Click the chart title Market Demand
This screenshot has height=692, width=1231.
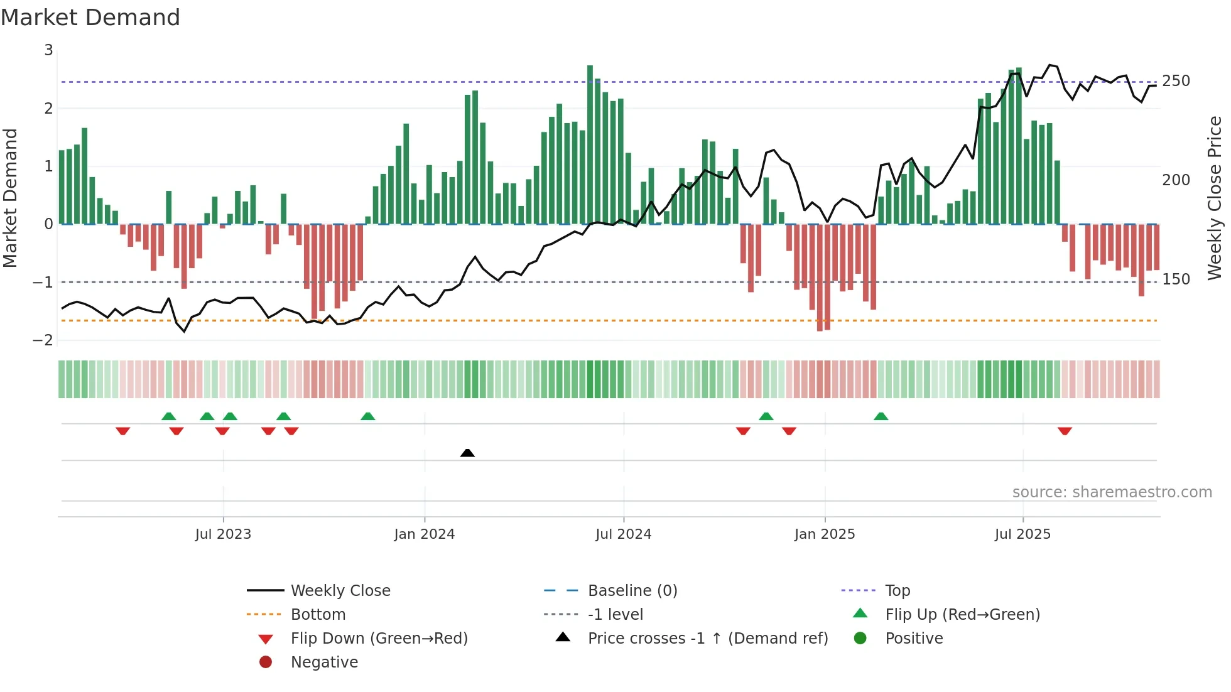click(90, 18)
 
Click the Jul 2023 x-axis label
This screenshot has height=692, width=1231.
click(223, 534)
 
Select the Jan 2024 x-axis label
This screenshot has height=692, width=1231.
click(425, 534)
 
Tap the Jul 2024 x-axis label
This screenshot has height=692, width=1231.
click(624, 534)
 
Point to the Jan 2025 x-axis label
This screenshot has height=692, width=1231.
click(825, 534)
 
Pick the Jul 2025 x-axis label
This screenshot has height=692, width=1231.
click(1022, 534)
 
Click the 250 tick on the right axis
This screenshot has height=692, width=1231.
click(1176, 81)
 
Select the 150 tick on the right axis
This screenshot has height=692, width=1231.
click(1176, 279)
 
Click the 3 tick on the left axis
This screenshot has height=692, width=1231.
click(48, 50)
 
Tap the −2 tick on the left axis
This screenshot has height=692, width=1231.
click(43, 340)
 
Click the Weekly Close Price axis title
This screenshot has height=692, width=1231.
click(1215, 198)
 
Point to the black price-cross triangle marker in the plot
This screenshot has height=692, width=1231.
click(467, 453)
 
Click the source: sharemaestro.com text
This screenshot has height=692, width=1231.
click(1112, 492)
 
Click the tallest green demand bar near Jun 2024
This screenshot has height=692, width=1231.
click(590, 144)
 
